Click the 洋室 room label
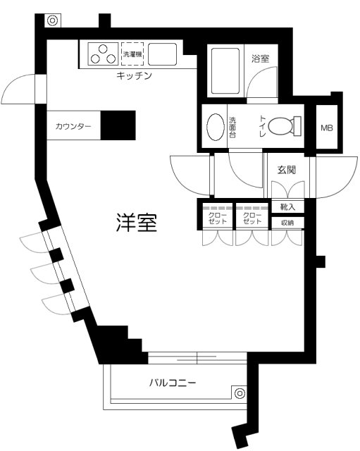[x=137, y=224]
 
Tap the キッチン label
[x=135, y=76]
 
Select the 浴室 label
[x=260, y=59]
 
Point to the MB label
[x=328, y=128]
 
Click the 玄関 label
[x=287, y=170]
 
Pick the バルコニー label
[x=173, y=384]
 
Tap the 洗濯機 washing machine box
[x=132, y=54]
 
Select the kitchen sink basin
[x=163, y=54]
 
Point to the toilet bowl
[x=284, y=127]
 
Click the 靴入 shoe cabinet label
[x=287, y=207]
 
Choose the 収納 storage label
[x=287, y=223]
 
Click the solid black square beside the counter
[x=118, y=126]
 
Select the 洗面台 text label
[x=232, y=128]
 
